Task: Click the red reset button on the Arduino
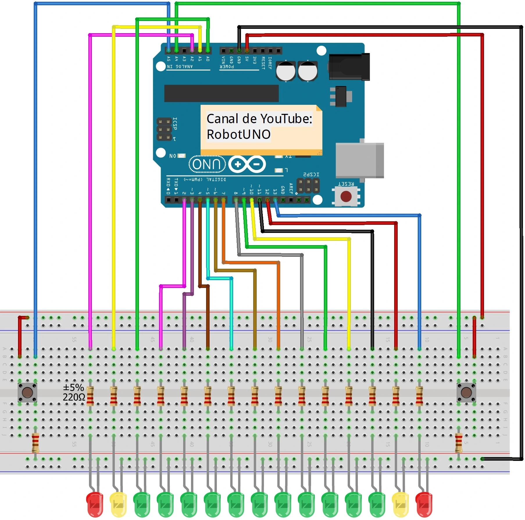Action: [346, 197]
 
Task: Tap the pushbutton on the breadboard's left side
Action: [27, 392]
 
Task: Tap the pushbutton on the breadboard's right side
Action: [466, 392]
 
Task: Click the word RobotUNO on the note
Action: [238, 135]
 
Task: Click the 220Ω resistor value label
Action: [74, 397]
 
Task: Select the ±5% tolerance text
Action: [73, 388]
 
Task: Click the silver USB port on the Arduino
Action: [359, 160]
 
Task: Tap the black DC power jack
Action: [349, 67]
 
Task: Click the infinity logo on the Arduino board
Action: [247, 164]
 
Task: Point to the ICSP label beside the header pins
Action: [175, 124]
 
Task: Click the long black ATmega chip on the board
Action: [221, 93]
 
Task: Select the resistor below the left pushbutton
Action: [35, 443]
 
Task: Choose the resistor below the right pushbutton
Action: [458, 443]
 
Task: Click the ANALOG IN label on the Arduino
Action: [180, 67]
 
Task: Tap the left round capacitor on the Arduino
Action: [285, 71]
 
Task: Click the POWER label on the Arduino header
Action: [227, 67]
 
